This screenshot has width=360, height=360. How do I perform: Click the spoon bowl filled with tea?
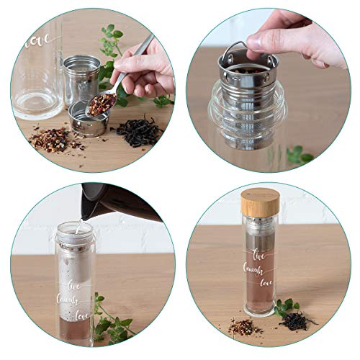(100, 104)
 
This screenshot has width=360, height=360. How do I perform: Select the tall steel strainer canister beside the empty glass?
(81, 80)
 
